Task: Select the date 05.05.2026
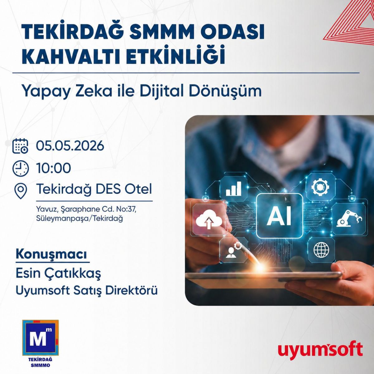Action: click(70, 146)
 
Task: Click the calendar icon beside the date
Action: click(20, 146)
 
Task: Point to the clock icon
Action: click(21, 168)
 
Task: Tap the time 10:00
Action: click(53, 168)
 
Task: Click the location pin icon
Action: click(21, 191)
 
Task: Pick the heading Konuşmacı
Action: click(51, 255)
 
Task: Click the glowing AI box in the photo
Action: click(280, 216)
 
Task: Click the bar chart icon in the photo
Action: click(233, 188)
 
